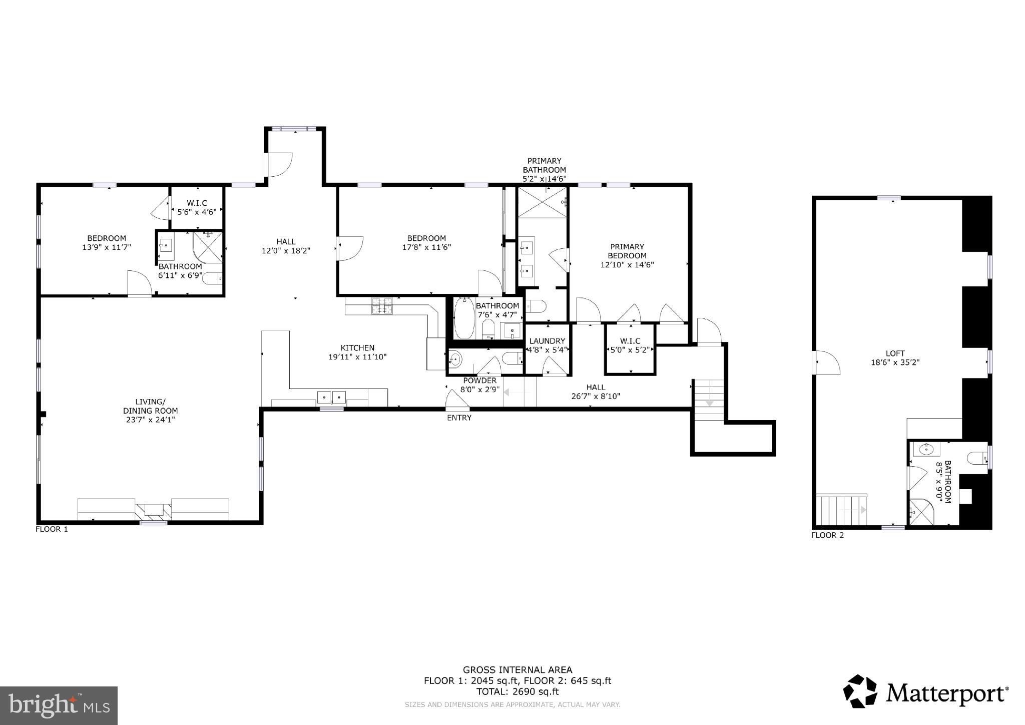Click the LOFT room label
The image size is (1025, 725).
tap(895, 353)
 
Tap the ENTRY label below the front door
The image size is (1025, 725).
tap(459, 418)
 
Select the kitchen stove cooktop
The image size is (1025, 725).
tap(382, 306)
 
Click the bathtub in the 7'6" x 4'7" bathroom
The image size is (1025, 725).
tap(464, 318)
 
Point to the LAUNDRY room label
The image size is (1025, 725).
tap(547, 341)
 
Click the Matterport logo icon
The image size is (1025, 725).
tap(860, 691)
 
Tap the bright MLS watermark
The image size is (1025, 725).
tap(59, 705)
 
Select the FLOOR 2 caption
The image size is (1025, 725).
tap(827, 535)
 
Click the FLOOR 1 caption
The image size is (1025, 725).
tap(52, 529)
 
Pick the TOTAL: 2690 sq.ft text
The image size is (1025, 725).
tap(517, 692)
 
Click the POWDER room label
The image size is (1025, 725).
tap(479, 381)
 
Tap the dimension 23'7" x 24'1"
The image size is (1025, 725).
tap(150, 420)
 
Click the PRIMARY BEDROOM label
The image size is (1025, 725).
tap(627, 251)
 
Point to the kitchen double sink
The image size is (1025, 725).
tap(332, 398)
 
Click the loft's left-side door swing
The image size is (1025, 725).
tap(827, 363)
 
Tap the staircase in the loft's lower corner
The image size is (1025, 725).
tap(841, 510)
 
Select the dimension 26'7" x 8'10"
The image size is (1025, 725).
tap(596, 396)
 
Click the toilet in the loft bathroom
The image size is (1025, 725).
tap(977, 458)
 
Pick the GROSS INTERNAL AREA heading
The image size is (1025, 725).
tap(517, 670)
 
